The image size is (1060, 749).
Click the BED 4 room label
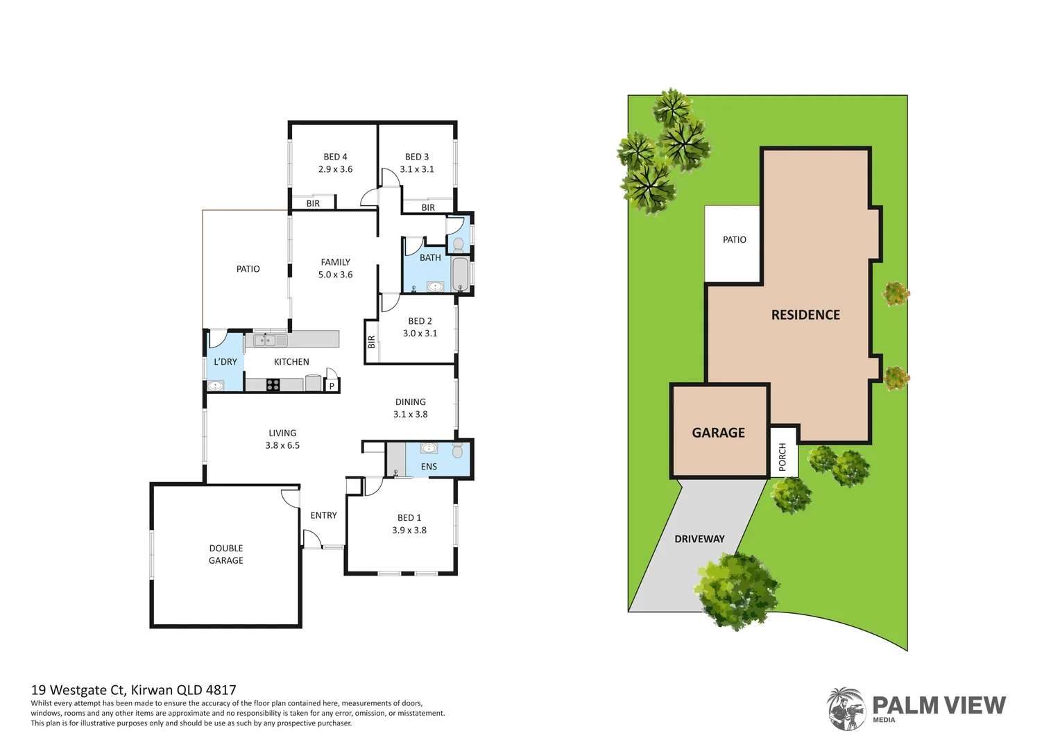335,157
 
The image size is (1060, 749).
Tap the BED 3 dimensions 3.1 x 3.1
417,169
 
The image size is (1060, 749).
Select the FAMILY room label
335,262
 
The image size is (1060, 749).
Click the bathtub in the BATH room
460,275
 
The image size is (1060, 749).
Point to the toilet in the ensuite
457,451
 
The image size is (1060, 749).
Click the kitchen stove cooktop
273,385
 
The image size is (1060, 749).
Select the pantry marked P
332,386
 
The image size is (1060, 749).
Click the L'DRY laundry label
225,362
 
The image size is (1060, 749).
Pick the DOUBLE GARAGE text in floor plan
226,554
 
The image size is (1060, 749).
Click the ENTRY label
323,515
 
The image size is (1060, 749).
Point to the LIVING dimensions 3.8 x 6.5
282,445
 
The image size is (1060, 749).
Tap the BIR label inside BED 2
371,342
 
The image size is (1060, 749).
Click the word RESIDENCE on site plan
805,315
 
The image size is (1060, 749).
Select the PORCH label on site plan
783,457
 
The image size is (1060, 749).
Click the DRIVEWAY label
699,539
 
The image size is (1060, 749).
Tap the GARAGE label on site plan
718,433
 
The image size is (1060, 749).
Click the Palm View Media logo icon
846,709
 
